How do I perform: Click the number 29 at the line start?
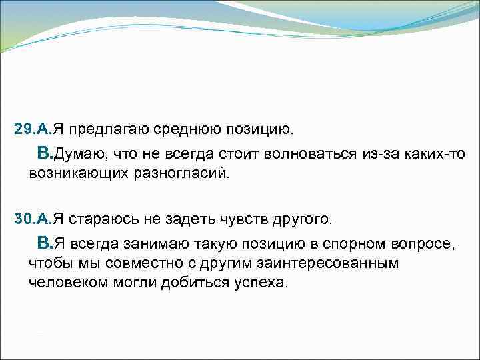23,127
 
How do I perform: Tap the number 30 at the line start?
23,218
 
